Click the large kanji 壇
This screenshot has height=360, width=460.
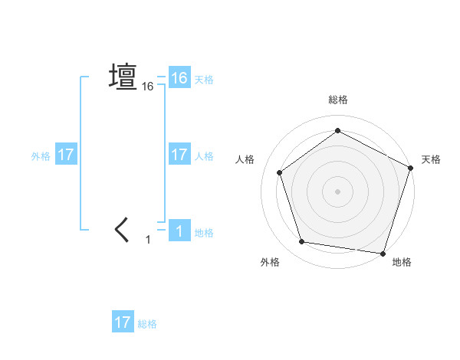[x=123, y=77]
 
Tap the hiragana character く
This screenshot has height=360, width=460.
[x=123, y=230]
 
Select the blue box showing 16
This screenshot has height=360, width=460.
[x=179, y=78]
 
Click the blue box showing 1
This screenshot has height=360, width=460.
[x=179, y=231]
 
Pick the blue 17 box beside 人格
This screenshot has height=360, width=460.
[x=179, y=155]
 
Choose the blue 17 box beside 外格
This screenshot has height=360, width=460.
[x=66, y=155]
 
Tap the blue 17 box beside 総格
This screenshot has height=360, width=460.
[x=123, y=322]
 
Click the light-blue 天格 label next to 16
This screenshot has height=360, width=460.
[x=204, y=80]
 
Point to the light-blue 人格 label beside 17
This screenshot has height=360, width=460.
[x=204, y=156]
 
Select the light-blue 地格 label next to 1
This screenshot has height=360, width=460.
[x=204, y=233]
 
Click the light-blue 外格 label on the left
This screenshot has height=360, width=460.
[x=41, y=156]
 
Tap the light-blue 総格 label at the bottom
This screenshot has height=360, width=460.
[x=147, y=324]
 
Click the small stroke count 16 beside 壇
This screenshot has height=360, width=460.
[x=148, y=87]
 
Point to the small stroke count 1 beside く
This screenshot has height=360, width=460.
[x=149, y=241]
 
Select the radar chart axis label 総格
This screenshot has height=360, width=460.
[x=338, y=100]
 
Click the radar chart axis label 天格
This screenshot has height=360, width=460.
[x=432, y=159]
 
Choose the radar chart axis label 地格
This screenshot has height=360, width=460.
[x=402, y=262]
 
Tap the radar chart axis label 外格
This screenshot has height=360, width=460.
[x=270, y=262]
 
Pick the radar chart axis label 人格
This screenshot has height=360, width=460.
[x=245, y=159]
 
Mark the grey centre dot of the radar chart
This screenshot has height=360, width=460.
[x=337, y=191]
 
